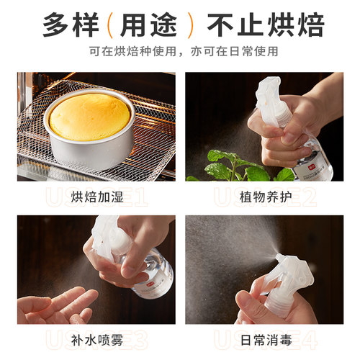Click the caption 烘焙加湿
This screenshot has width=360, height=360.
click(x=88, y=196)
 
